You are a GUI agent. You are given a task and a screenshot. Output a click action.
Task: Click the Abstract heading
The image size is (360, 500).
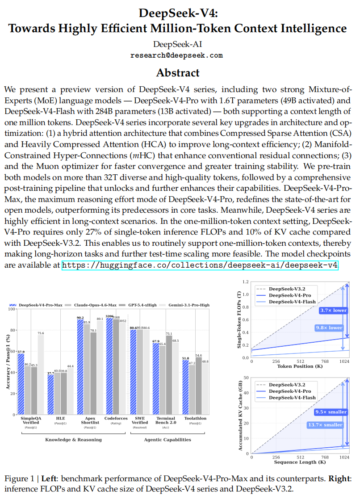click(x=178, y=72)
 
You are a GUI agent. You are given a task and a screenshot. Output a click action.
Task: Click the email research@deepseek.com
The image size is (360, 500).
click(x=176, y=55)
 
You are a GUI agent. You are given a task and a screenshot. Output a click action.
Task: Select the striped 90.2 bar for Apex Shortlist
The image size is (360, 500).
click(x=80, y=366)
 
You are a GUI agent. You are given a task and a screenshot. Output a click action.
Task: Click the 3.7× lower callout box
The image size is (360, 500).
click(x=333, y=311)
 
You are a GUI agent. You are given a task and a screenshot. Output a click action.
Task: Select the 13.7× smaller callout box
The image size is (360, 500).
click(x=325, y=425)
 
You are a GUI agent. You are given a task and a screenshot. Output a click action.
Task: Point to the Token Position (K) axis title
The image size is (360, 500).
click(x=300, y=366)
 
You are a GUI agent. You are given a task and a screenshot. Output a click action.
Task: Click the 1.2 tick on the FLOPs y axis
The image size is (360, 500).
click(x=245, y=282)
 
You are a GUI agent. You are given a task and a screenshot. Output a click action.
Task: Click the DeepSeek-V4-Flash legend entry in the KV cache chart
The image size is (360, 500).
click(x=293, y=398)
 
